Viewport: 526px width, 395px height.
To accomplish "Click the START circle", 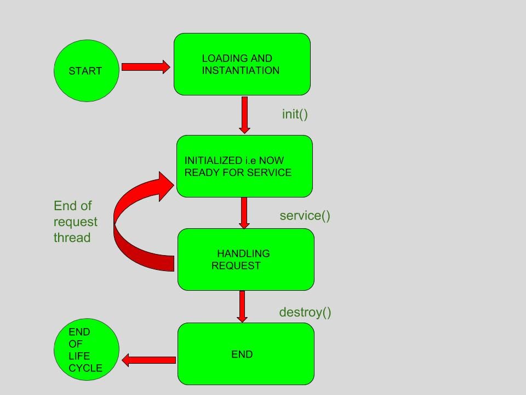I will (x=86, y=71).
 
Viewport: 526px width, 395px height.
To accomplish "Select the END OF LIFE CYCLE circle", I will (x=86, y=349).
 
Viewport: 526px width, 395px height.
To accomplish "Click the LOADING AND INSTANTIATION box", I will (x=242, y=64).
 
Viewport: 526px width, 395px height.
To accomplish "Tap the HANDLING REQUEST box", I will (x=245, y=259).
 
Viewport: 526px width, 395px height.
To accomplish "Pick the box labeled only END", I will (x=245, y=354).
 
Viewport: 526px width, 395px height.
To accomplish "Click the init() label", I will (x=295, y=114).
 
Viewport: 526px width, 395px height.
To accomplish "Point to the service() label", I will (x=305, y=216).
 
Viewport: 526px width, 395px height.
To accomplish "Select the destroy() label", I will (x=305, y=312).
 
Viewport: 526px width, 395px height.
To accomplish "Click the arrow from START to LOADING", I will (x=145, y=67).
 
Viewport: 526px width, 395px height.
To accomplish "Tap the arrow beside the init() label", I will (x=244, y=115).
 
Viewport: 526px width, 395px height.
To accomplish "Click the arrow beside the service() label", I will (x=244, y=213).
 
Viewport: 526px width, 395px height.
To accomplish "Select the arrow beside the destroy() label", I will (x=242, y=306).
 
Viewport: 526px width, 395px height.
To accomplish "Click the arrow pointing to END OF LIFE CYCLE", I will (x=148, y=360).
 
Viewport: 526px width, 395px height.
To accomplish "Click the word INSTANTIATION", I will (x=241, y=70).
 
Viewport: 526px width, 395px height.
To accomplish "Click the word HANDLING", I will (x=243, y=253).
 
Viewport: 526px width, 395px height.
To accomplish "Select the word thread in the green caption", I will (x=72, y=238).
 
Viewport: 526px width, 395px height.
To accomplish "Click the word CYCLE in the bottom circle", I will (x=85, y=368).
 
